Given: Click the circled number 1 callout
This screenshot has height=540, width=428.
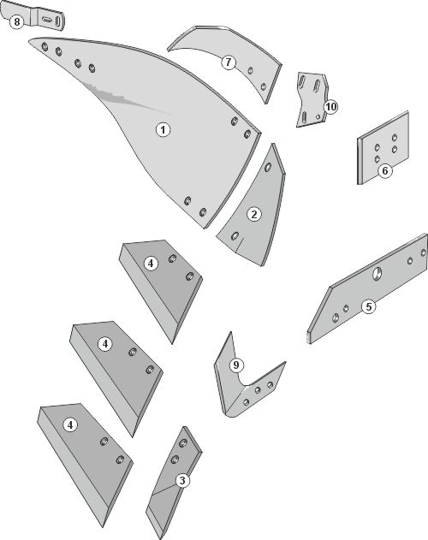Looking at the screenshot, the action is click(163, 130).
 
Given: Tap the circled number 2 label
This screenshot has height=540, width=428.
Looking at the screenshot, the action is click(254, 214).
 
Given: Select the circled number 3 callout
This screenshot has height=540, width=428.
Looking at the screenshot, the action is click(182, 480).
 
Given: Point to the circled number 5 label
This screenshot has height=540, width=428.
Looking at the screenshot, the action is click(369, 306).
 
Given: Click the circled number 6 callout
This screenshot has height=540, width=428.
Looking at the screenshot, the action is click(385, 170).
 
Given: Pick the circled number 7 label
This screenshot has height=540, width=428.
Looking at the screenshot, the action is click(229, 62).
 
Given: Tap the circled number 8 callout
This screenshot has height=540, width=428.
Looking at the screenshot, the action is click(16, 22).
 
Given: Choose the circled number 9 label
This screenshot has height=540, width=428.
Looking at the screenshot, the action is click(236, 365).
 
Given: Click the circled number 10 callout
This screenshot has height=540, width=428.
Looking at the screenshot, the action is click(330, 107).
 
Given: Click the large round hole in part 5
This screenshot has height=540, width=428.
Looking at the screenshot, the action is click(377, 274).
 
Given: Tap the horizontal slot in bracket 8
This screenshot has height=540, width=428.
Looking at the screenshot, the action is click(46, 20).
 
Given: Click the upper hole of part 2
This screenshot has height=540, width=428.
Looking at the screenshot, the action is click(268, 168).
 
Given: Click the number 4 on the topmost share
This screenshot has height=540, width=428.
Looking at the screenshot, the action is click(151, 264).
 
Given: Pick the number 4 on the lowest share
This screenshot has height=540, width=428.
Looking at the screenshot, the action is click(70, 424).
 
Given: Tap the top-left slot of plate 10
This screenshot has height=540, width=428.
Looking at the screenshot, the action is click(301, 82).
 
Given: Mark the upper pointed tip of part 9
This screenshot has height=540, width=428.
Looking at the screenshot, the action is click(230, 332).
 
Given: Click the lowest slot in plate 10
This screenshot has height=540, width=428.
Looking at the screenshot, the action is click(304, 117).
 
